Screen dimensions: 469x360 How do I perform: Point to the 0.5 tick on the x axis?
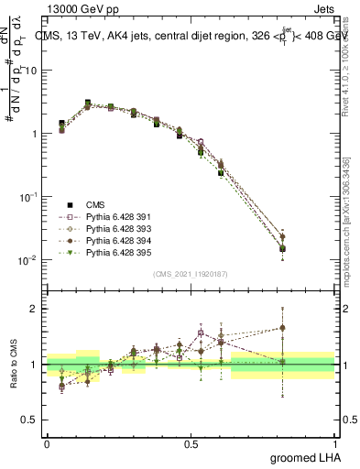[x=191, y=443]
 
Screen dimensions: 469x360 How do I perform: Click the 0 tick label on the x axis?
[x=47, y=443]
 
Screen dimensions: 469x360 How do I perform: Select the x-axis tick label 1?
[x=336, y=443]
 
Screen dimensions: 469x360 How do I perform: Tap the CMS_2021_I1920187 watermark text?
[x=191, y=274]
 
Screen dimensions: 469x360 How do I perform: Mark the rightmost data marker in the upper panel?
[x=308, y=248]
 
